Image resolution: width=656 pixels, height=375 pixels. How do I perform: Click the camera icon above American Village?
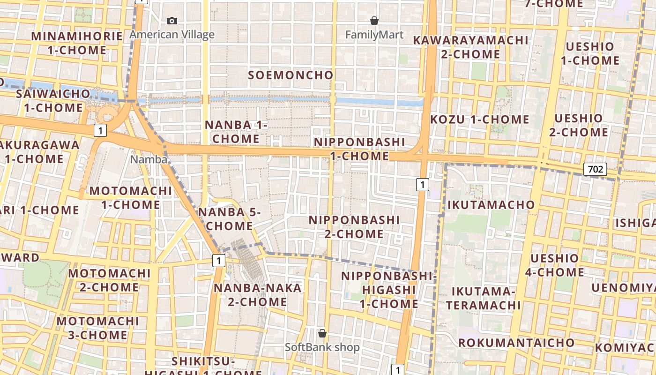(172, 21)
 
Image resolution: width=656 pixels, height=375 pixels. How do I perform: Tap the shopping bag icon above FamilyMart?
(374, 21)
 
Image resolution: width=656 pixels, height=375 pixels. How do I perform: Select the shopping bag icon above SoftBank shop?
(322, 333)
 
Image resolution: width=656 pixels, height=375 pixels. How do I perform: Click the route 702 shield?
(595, 169)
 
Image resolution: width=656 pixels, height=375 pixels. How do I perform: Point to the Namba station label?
(149, 159)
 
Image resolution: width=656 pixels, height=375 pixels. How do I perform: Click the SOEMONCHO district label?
(291, 75)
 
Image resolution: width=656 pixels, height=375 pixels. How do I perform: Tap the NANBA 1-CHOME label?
(236, 132)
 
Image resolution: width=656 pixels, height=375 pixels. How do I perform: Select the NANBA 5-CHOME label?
(229, 219)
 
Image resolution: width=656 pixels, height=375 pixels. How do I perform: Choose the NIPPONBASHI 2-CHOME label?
(354, 227)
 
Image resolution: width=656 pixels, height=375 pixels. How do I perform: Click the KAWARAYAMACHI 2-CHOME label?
(470, 47)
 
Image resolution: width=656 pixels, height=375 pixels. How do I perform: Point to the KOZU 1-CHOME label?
(479, 120)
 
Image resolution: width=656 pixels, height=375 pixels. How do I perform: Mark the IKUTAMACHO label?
(491, 205)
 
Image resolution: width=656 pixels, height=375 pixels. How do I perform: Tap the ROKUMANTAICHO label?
(516, 343)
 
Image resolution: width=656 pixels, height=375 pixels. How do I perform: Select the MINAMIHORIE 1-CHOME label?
(77, 43)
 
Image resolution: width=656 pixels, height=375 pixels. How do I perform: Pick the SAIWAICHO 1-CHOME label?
(53, 100)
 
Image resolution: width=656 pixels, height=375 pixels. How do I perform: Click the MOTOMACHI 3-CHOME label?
(98, 328)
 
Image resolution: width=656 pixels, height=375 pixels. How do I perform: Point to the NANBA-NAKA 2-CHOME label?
(258, 294)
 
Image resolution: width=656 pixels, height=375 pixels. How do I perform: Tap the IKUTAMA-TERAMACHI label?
(483, 298)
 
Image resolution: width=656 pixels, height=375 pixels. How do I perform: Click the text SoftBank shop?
(322, 347)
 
